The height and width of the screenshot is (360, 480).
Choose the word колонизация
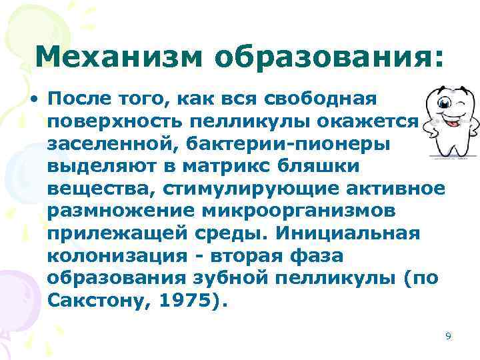[121, 258]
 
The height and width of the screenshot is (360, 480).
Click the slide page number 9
[448, 336]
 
